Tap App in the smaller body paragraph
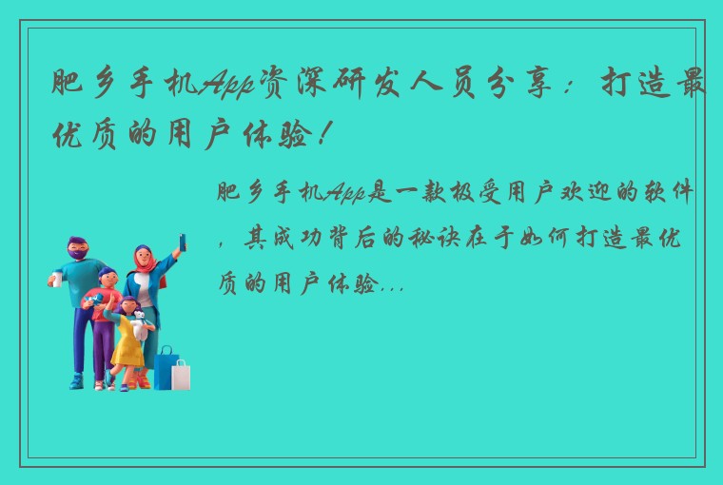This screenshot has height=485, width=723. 345,194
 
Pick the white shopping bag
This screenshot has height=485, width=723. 181,374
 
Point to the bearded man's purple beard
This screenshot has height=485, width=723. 77,257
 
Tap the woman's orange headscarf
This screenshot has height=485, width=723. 146,262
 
